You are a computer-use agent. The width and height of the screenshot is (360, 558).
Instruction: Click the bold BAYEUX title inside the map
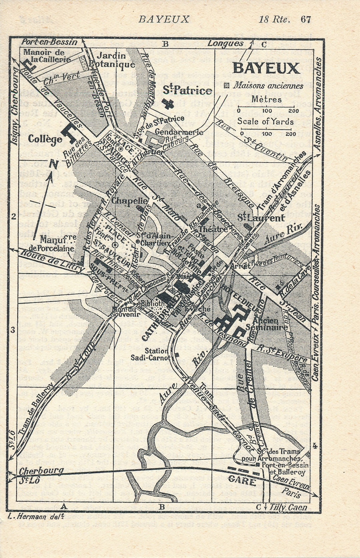[266, 68]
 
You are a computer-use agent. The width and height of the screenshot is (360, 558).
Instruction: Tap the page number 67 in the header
[306, 19]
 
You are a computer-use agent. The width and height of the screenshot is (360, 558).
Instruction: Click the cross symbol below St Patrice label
[168, 103]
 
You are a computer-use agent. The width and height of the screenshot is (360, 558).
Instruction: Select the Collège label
[45, 139]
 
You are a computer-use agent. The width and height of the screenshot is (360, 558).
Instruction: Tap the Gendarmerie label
[179, 132]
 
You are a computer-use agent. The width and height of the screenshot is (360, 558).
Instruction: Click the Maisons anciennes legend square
[227, 85]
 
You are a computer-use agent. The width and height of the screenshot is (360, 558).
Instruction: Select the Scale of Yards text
[265, 121]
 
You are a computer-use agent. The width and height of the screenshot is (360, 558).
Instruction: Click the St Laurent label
[261, 218]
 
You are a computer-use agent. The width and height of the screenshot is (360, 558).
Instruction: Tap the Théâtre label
[213, 229]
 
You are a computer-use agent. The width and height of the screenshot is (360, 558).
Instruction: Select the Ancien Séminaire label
[270, 324]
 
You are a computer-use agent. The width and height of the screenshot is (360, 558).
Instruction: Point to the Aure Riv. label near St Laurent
[284, 234]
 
